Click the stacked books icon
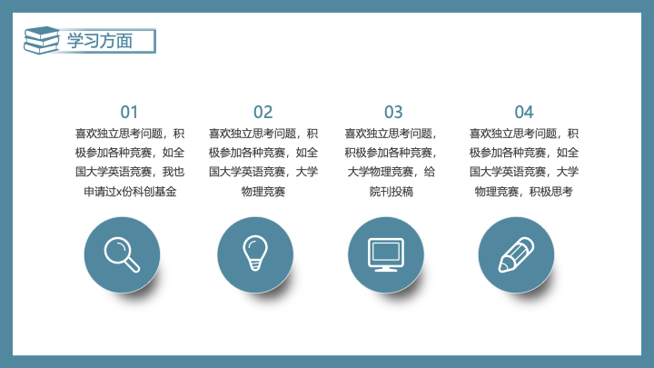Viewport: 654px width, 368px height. point(41,41)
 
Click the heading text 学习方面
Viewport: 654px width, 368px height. point(100,41)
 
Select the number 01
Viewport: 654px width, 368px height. point(129,113)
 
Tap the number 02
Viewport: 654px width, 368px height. point(263,113)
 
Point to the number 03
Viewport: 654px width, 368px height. point(393,113)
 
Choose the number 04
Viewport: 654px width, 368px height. point(524,113)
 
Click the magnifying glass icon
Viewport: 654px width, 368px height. point(122,254)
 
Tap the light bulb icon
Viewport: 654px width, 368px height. point(255,253)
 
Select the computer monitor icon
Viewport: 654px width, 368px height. point(386,254)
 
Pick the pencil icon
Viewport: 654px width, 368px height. point(516,254)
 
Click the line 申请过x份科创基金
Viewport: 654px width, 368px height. point(130,192)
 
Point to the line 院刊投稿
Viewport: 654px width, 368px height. point(391,192)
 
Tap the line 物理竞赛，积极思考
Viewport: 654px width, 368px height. point(524,192)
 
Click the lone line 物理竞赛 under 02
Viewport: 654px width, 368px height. point(263,192)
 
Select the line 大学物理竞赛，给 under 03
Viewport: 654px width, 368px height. point(391,172)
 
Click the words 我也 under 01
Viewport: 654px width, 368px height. point(173,172)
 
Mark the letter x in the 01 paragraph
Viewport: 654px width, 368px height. point(118,193)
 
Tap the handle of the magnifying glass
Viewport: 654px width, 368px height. point(133,265)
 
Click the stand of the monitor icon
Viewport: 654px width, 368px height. point(386,269)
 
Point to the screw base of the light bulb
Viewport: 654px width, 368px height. point(255,264)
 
